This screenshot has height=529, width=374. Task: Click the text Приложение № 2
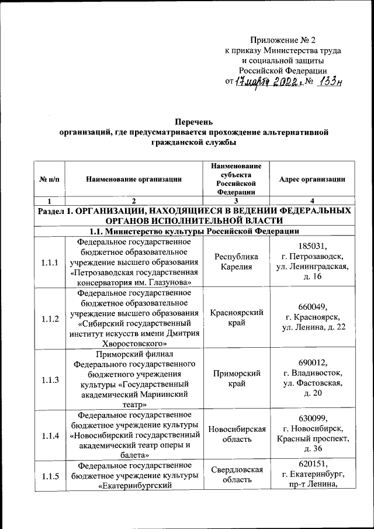pyautogui.click(x=283, y=40)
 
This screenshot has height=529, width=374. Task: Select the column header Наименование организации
pyautogui.click(x=133, y=179)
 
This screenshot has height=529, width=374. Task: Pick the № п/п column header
pyautogui.click(x=50, y=179)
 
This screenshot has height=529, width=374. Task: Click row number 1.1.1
pyautogui.click(x=50, y=262)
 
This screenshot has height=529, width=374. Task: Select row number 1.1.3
pyautogui.click(x=50, y=379)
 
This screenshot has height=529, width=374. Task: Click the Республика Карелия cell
pyautogui.click(x=236, y=262)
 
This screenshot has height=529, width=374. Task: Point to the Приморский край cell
pyautogui.click(x=236, y=379)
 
